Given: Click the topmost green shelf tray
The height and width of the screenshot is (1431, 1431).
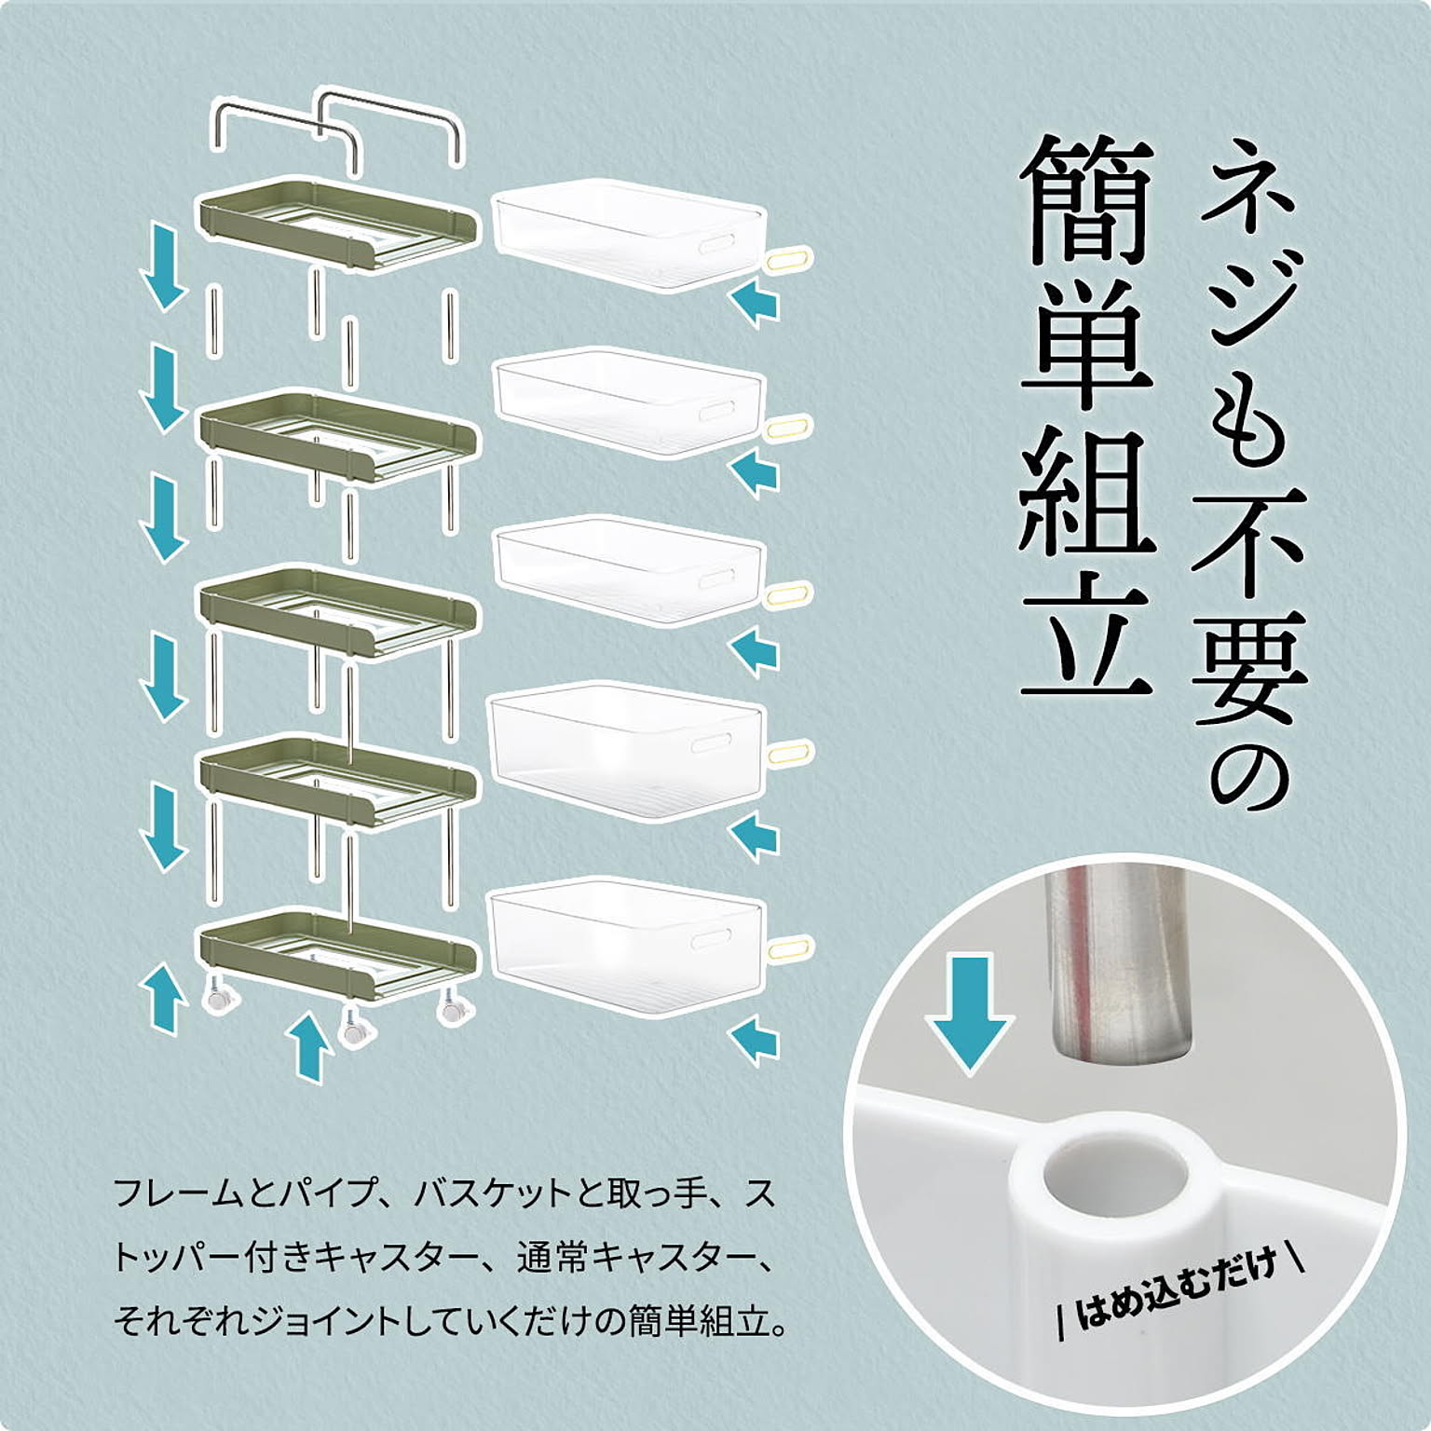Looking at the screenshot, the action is click(337, 224).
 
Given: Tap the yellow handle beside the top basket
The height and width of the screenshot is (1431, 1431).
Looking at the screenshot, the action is click(790, 259).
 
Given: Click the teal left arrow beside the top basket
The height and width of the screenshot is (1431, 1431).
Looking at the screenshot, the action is click(755, 304).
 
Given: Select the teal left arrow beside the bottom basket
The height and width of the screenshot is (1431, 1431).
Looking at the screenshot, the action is click(755, 1039).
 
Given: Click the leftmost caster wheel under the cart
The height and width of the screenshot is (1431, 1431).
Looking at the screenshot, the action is click(222, 999).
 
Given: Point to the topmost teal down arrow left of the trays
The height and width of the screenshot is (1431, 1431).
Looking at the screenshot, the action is click(164, 265).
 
